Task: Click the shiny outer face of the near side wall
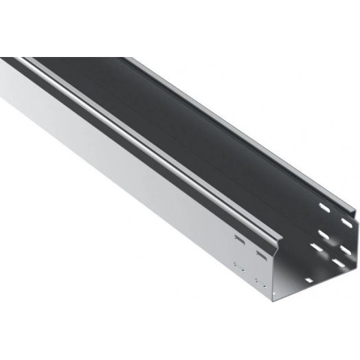137,185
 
